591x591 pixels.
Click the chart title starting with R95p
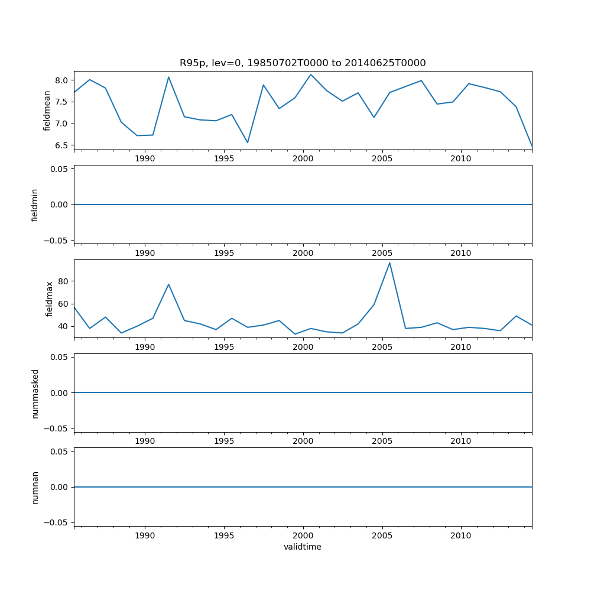[x=303, y=63]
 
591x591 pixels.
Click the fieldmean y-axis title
[x=47, y=111]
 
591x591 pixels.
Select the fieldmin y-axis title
[x=35, y=204]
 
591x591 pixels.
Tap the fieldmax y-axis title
[x=50, y=298]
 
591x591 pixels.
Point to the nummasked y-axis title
[x=35, y=393]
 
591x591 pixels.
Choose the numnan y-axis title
[x=35, y=487]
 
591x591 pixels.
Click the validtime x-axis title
[x=303, y=547]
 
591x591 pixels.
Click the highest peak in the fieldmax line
[x=389, y=262]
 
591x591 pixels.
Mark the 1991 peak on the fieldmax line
[x=168, y=284]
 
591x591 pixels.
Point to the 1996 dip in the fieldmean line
[x=248, y=142]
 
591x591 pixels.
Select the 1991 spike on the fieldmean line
[x=168, y=77]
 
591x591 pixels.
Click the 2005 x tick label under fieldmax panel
[x=382, y=348]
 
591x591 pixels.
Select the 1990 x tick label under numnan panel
[x=145, y=536]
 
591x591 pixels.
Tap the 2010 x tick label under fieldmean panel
[x=460, y=159]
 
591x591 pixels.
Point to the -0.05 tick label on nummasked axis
[x=58, y=428]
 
